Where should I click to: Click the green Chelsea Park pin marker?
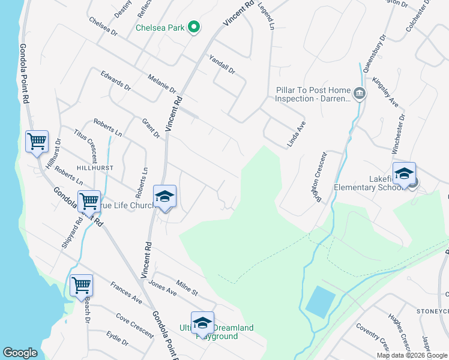[194, 27]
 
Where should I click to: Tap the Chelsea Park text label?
[160, 28]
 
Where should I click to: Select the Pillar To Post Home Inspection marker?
[360, 93]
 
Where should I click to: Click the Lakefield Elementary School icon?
[404, 173]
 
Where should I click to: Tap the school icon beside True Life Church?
[164, 196]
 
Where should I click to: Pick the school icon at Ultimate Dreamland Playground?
[202, 323]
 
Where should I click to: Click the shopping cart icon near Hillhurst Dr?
[37, 142]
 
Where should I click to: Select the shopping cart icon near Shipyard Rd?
[89, 201]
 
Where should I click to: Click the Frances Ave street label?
[126, 292]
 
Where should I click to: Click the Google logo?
[20, 353]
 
